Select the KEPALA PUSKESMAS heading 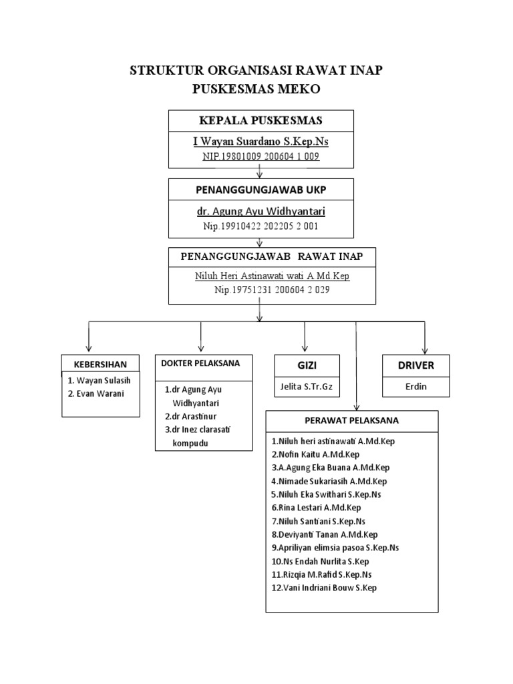tap(261, 120)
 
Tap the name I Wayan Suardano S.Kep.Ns tap(261, 142)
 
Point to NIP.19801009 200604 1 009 tap(261, 156)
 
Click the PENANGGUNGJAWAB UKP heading tap(261, 190)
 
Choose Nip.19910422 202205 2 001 tap(261, 226)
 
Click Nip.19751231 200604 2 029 tap(272, 291)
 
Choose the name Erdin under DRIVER tap(416, 386)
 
